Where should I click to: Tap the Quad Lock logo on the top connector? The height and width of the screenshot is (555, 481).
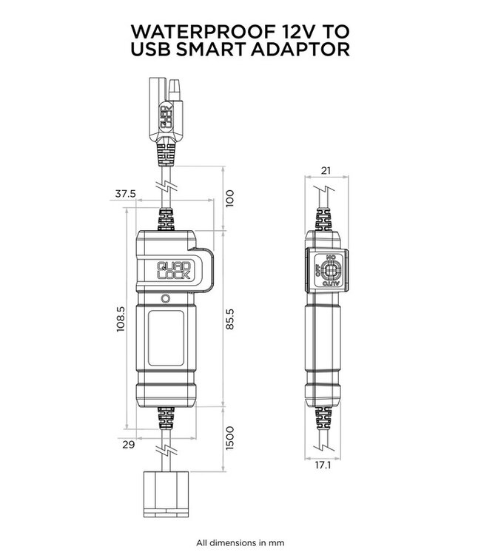[x=168, y=119]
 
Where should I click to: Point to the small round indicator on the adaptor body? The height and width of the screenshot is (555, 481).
[x=166, y=298]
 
